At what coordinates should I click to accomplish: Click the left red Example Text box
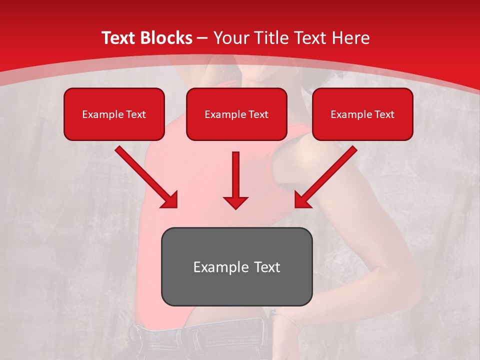click(114, 114)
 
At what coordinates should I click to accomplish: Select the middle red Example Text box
click(236, 114)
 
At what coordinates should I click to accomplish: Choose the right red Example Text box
click(362, 114)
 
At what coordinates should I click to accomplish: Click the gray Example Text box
click(236, 266)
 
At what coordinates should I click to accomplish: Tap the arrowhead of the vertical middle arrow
click(235, 202)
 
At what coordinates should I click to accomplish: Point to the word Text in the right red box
click(384, 114)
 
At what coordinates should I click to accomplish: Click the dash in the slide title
click(202, 38)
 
